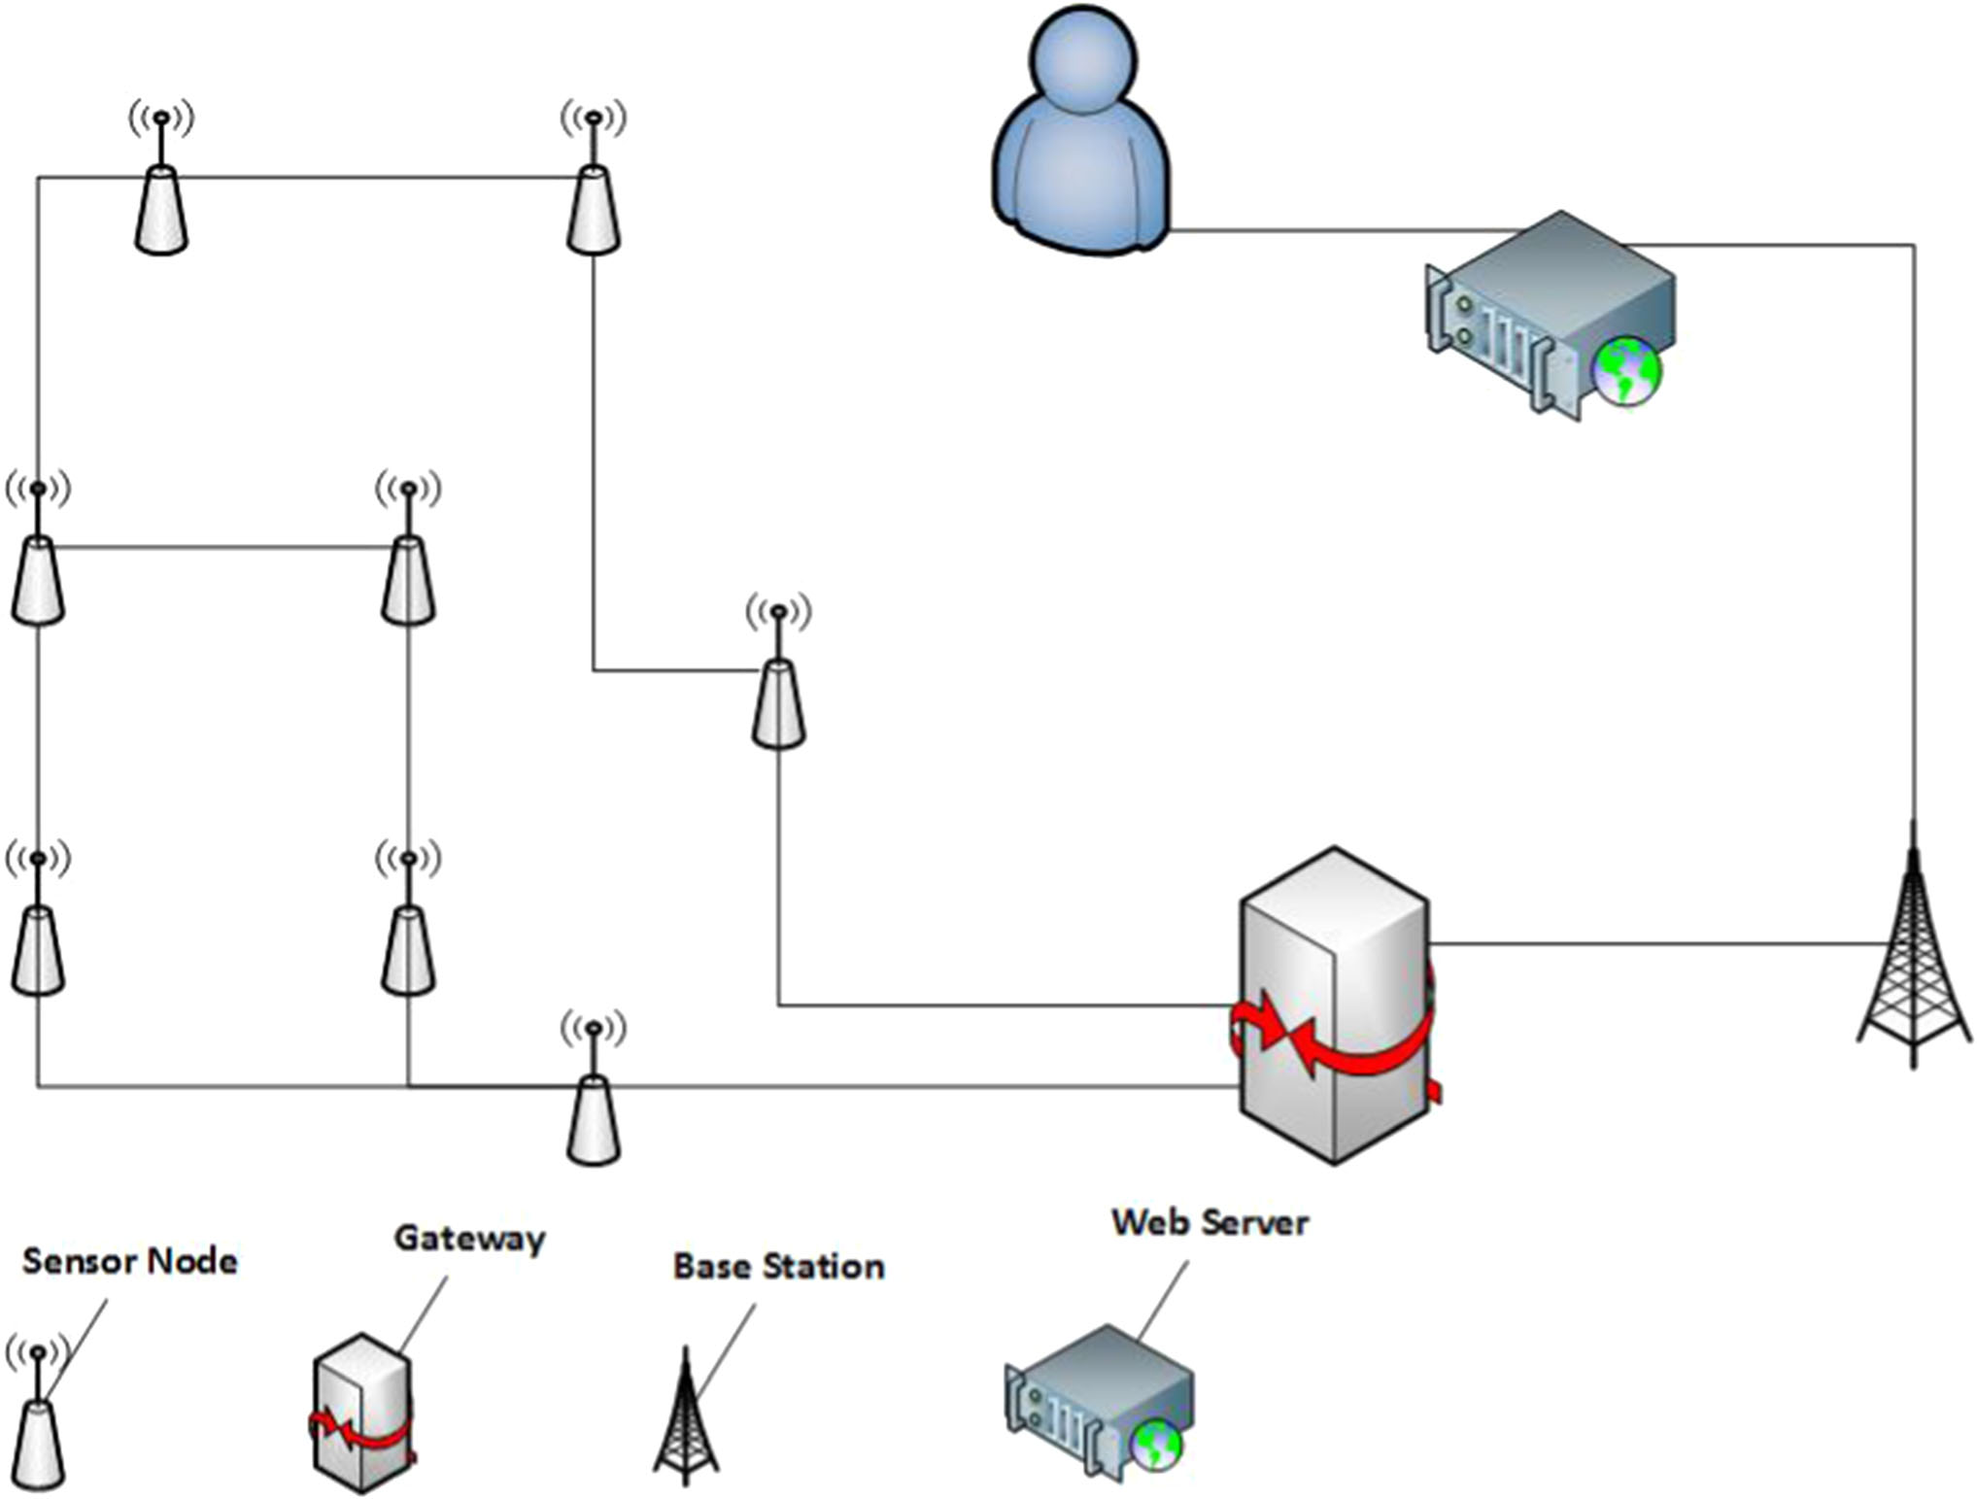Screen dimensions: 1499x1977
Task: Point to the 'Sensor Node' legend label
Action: (129, 1261)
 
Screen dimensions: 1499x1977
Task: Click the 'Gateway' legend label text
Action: (469, 1238)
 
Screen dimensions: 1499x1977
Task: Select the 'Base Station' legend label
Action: (778, 1267)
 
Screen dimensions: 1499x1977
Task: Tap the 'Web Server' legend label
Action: (1210, 1222)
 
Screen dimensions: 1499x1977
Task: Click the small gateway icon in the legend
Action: (362, 1414)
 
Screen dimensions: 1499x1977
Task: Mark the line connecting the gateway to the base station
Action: (1652, 942)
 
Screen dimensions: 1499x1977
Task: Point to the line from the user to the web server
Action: (1341, 231)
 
